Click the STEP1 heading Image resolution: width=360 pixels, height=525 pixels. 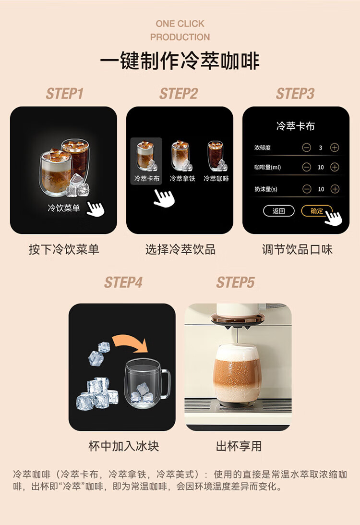click(x=65, y=94)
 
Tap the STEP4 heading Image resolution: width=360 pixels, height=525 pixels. click(x=123, y=282)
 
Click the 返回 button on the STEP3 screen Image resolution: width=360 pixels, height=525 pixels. click(x=279, y=211)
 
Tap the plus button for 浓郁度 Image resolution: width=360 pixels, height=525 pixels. click(x=335, y=147)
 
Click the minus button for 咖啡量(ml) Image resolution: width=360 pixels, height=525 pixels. click(x=306, y=167)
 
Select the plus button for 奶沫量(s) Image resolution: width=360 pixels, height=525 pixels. click(x=335, y=189)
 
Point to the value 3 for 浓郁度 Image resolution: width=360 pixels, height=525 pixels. click(x=321, y=147)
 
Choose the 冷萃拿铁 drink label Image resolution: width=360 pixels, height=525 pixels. click(x=182, y=179)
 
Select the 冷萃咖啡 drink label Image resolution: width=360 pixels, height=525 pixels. click(x=216, y=179)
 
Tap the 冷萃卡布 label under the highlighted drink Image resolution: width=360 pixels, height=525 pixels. click(x=146, y=179)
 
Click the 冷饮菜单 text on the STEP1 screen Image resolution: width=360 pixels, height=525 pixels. click(x=63, y=208)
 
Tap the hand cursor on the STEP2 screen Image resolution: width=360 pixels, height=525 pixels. click(x=164, y=198)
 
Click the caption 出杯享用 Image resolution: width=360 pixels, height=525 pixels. click(x=239, y=446)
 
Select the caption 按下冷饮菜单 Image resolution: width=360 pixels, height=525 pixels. click(x=64, y=249)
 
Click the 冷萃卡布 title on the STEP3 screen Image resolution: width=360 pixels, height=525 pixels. click(x=295, y=126)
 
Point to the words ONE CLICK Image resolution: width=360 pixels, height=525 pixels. click(x=180, y=24)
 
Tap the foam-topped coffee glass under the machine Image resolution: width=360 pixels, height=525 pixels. click(x=237, y=373)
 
